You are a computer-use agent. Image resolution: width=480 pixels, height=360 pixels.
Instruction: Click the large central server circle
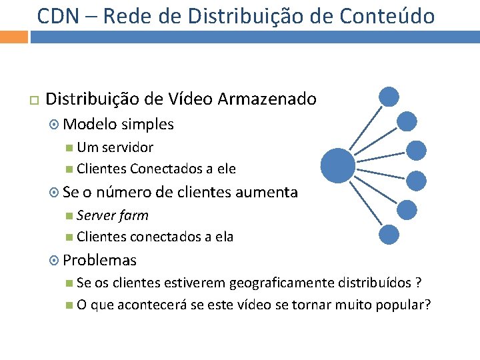click(337, 165)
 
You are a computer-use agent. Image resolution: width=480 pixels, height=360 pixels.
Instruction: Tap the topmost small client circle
click(389, 97)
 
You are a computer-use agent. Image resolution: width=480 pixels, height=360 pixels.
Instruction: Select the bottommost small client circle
click(389, 233)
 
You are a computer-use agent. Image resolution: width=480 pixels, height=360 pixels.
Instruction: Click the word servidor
click(128, 147)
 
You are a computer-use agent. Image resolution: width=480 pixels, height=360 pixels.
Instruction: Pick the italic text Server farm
click(112, 215)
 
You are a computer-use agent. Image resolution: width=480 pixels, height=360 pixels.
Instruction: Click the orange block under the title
click(13, 35)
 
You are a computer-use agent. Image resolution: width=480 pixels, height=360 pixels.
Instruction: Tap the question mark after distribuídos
click(418, 283)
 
